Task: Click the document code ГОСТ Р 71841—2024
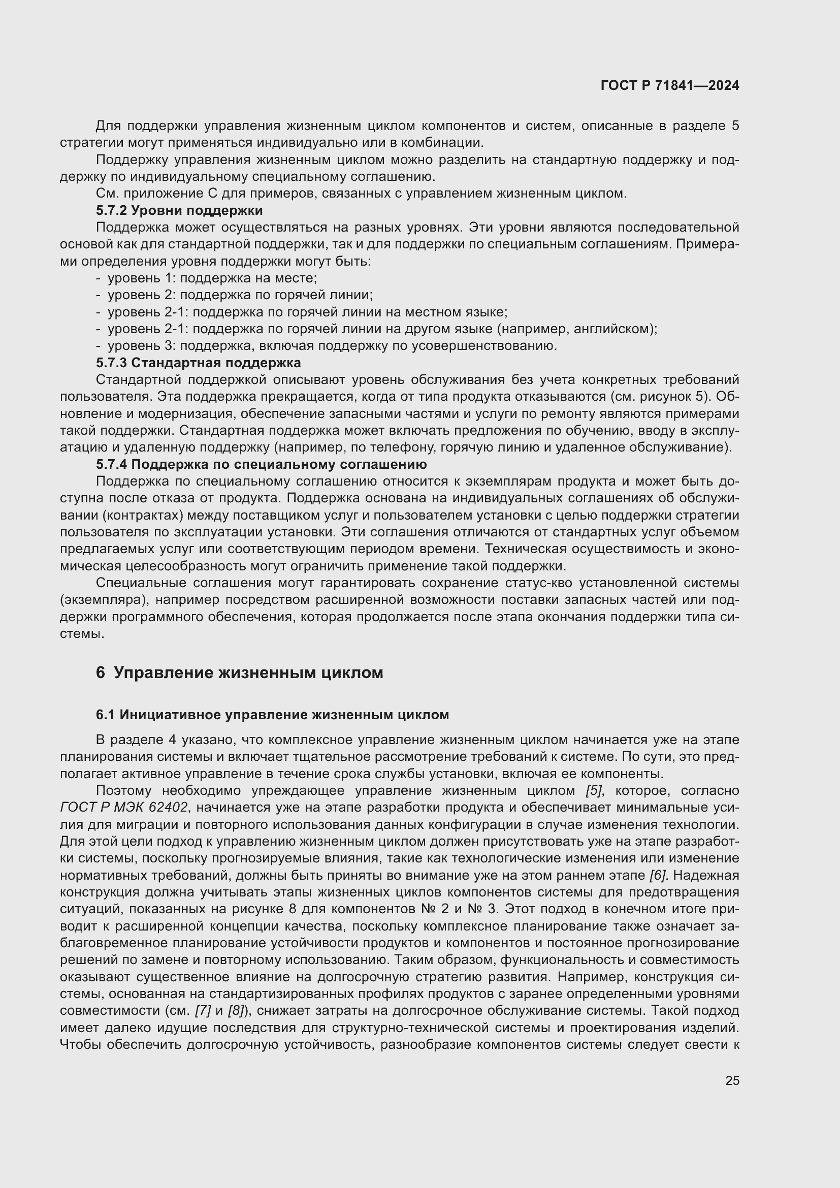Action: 669,86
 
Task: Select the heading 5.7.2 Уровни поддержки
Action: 179,211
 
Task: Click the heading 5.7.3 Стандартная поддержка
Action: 198,363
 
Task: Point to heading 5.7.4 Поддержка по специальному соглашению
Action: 261,464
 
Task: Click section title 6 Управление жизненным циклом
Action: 240,672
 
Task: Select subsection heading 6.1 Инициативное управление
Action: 272,715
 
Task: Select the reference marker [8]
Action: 236,1011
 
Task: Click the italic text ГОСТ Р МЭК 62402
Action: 123,808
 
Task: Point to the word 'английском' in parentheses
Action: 613,329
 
